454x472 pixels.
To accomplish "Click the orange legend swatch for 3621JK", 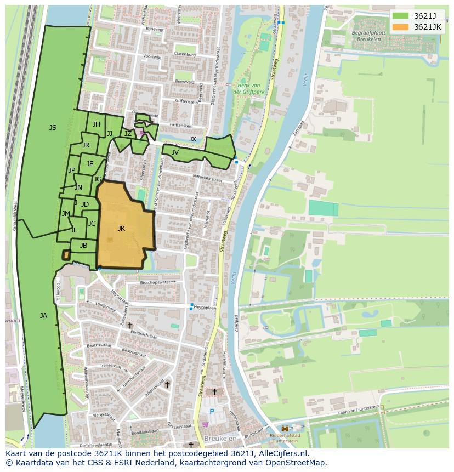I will [x=400, y=27].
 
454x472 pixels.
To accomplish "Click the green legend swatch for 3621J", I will [x=400, y=15].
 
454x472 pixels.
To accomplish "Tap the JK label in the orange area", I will [x=121, y=229].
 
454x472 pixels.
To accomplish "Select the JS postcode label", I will [x=53, y=128].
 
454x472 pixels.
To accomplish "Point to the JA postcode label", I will [x=43, y=315].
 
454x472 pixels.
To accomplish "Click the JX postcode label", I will [x=192, y=139].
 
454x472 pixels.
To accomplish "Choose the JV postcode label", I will [x=175, y=152].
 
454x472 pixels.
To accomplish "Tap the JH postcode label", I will [x=96, y=124].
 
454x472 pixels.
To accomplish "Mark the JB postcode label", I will [x=83, y=246].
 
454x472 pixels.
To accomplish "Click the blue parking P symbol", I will [x=212, y=411].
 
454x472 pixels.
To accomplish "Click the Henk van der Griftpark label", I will [x=248, y=88].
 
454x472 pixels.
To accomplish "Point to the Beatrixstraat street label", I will [x=99, y=345].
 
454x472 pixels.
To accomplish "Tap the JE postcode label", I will [x=90, y=164].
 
